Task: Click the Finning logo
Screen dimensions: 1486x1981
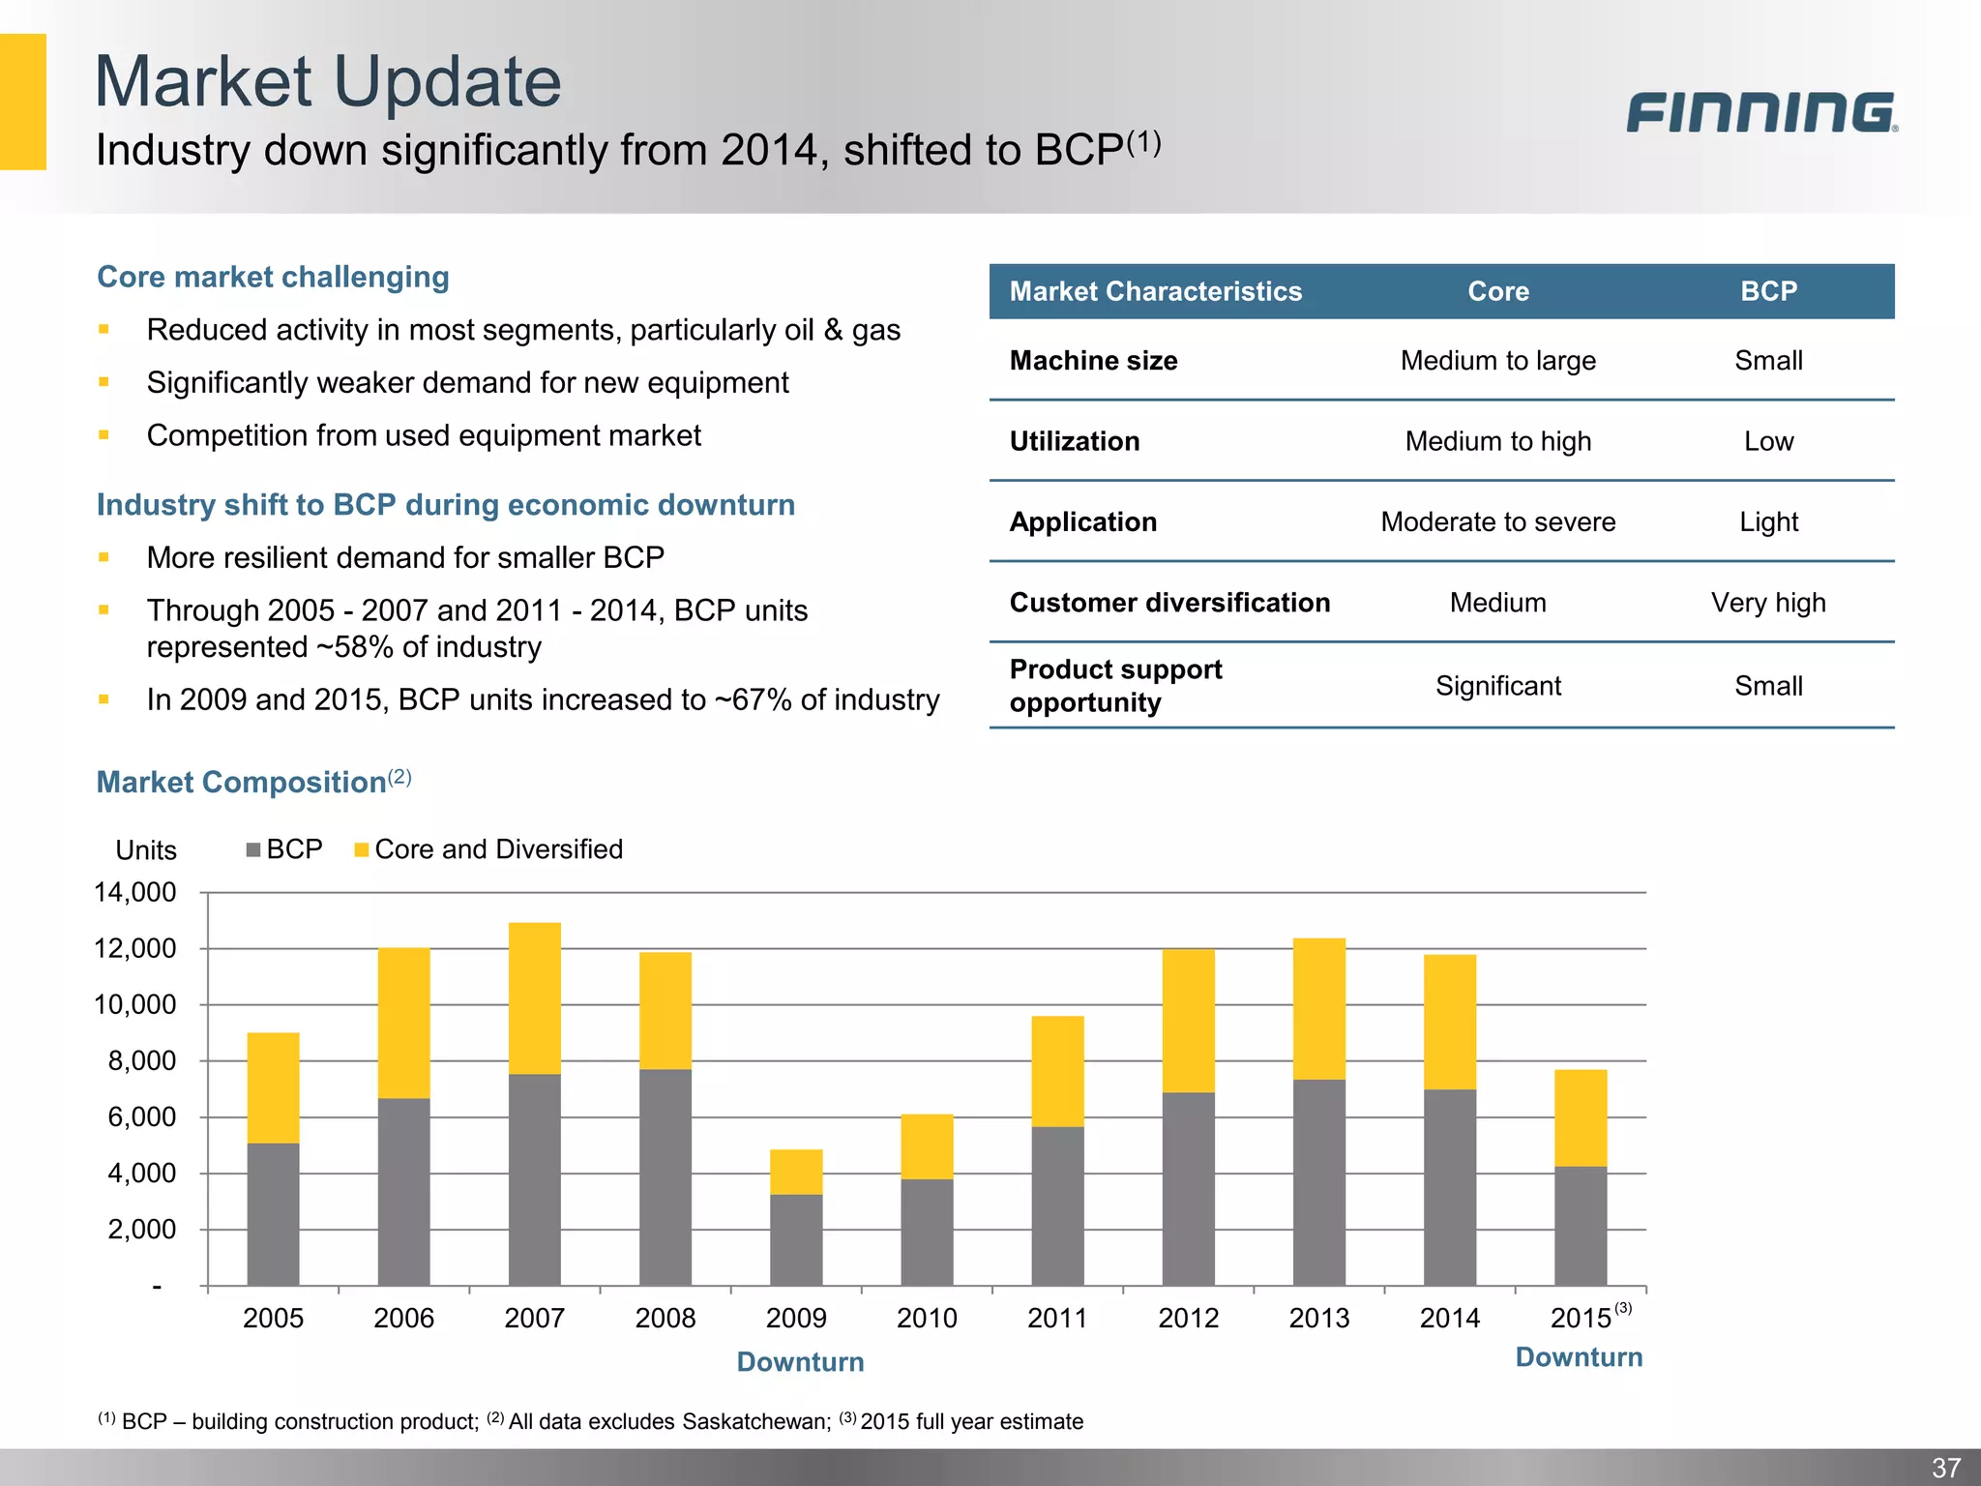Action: [x=1760, y=112]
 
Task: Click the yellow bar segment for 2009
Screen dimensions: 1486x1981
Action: [x=796, y=1172]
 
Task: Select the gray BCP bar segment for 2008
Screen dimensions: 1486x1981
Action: [x=665, y=1176]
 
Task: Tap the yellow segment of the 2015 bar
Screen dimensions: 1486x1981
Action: [x=1581, y=1117]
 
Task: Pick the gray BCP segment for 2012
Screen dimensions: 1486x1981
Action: [x=1188, y=1188]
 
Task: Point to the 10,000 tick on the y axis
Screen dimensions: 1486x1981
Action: [x=135, y=1004]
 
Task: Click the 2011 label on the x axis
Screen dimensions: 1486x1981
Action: [x=1057, y=1318]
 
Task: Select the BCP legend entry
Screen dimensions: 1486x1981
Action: [x=284, y=849]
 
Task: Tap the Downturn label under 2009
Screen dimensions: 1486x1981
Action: [x=800, y=1361]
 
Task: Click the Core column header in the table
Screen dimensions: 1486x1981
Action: [x=1498, y=291]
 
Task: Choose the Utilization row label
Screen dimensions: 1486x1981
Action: [x=1075, y=441]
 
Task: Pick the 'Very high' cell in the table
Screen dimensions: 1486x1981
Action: [x=1768, y=603]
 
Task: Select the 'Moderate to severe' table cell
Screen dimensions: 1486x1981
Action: [x=1497, y=522]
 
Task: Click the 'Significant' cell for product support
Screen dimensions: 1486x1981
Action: [x=1497, y=686]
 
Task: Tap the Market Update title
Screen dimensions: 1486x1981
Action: [x=328, y=81]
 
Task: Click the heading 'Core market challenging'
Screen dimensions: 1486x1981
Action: [x=273, y=277]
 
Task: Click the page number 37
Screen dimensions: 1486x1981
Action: [x=1945, y=1467]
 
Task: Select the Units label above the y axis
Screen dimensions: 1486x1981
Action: [x=146, y=850]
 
